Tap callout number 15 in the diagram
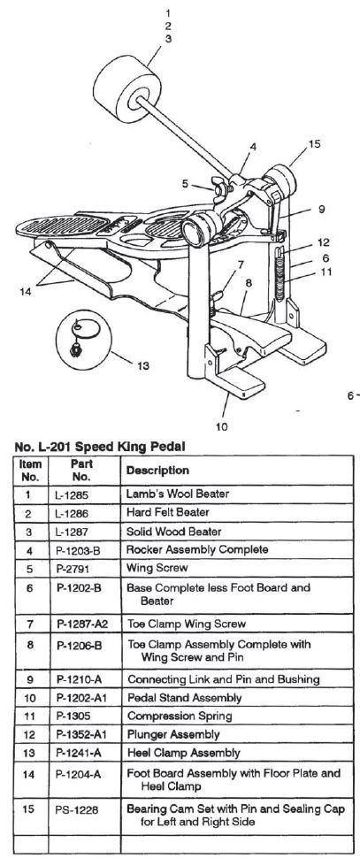(314, 144)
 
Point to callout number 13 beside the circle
(142, 366)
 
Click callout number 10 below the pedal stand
(222, 426)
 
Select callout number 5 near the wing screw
(186, 184)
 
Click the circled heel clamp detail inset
(83, 340)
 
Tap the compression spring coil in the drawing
(280, 275)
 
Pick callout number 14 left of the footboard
(24, 292)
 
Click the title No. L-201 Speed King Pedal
(100, 447)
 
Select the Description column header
(157, 471)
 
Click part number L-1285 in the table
(71, 494)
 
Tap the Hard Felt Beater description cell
(168, 513)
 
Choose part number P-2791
(72, 569)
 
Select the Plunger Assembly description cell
(173, 734)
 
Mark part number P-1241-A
(79, 754)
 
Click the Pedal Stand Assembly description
(184, 698)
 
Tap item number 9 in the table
(29, 679)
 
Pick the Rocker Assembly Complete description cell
(197, 549)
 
